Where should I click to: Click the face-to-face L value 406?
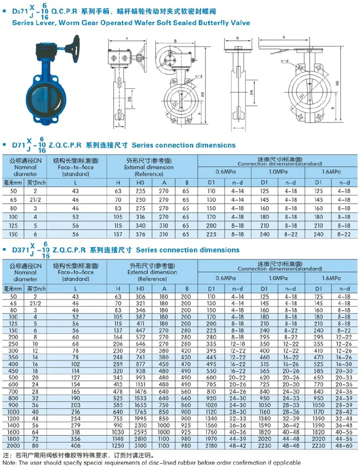pyautogui.click(x=75, y=445)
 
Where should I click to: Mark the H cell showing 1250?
pyautogui.click(x=118, y=445)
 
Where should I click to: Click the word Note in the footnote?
pyautogui.click(x=10, y=463)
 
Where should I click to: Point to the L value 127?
pyautogui.click(x=75, y=377)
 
